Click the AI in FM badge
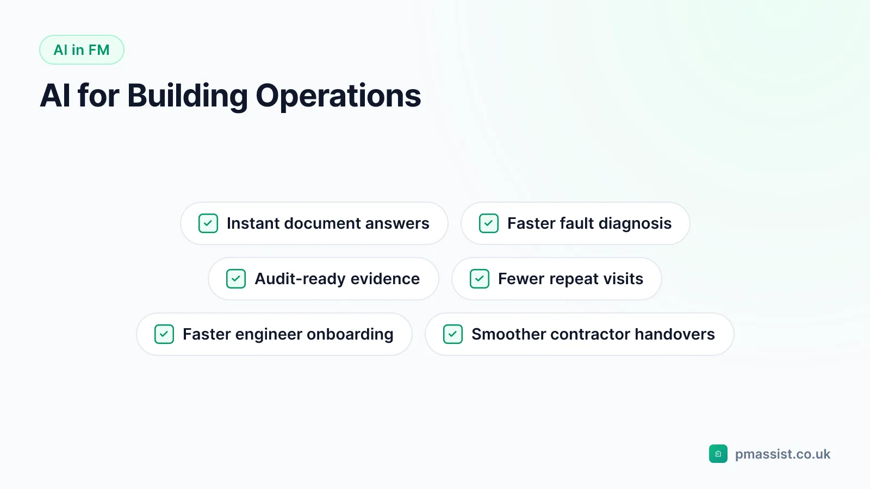[82, 49]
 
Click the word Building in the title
[187, 96]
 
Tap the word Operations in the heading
[338, 96]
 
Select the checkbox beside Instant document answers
[208, 223]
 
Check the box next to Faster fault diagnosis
[489, 223]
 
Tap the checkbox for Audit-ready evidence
[236, 279]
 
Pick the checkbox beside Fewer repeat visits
[479, 279]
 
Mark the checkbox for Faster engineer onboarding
[164, 334]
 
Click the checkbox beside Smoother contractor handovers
[453, 334]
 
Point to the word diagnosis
[635, 224]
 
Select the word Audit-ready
[300, 279]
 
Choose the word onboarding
[350, 335]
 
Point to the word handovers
[675, 334]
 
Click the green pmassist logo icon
[718, 454]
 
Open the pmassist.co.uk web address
[782, 454]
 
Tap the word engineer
[269, 335]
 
